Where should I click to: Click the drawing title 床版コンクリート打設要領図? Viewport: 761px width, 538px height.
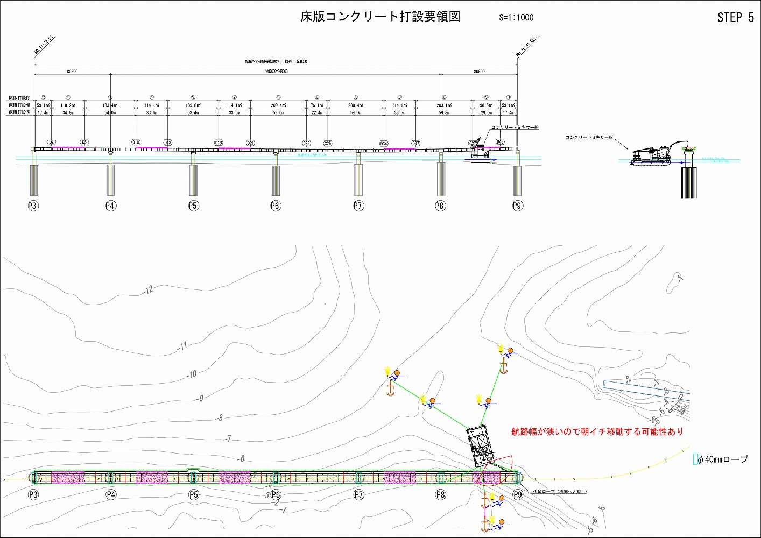pos(380,17)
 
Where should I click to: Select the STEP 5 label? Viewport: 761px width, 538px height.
pos(735,18)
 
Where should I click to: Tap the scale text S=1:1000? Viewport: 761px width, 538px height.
pos(516,17)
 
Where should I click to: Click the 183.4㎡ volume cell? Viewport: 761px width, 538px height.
pos(110,105)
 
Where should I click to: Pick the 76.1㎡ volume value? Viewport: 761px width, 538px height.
pos(317,105)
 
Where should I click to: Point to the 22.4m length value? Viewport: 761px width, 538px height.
pos(317,113)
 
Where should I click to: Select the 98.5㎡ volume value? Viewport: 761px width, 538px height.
pos(486,105)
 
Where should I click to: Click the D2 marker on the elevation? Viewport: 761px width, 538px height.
pos(52,142)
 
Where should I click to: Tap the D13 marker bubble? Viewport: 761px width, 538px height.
pos(167,143)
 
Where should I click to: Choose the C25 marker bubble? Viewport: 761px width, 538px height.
pos(328,143)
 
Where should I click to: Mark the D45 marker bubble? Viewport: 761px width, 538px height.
pos(500,142)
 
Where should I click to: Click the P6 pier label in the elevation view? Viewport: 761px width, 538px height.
pos(276,206)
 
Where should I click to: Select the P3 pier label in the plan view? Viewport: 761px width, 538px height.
pos(33,494)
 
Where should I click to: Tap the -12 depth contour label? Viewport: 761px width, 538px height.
pos(148,290)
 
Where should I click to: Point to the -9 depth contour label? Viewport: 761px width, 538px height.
pos(200,399)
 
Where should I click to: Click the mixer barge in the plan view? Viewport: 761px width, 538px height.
pos(481,446)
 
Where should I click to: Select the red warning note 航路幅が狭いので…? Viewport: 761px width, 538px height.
pos(597,431)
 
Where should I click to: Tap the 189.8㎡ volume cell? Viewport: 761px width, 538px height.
pos(193,105)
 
